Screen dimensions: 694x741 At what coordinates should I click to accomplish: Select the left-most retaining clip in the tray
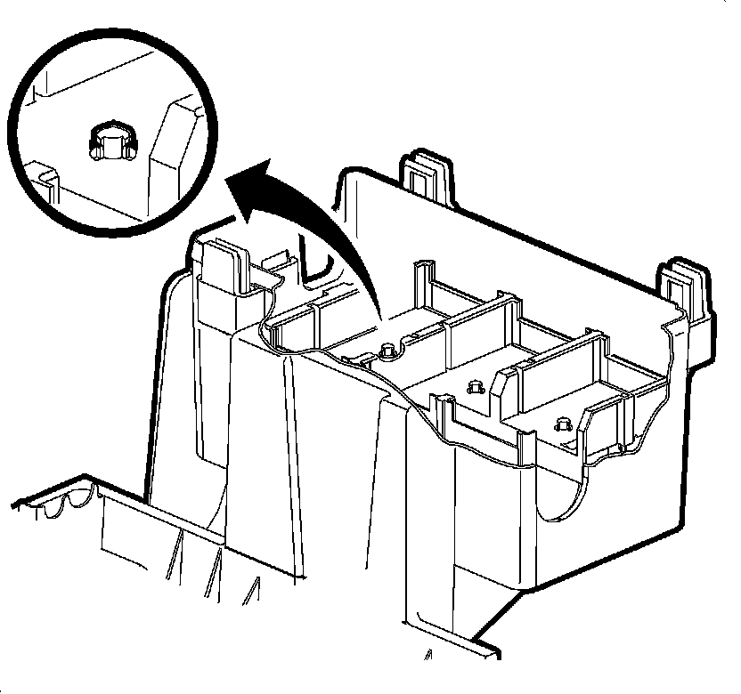pos(388,350)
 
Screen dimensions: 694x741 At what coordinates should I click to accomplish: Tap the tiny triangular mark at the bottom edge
pos(429,658)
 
